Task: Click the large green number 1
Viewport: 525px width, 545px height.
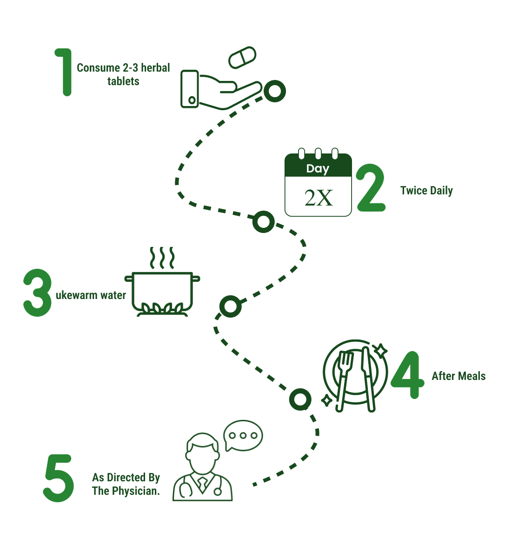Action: click(x=65, y=72)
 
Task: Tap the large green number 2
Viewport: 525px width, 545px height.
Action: click(x=371, y=188)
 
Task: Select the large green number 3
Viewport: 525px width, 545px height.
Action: click(x=37, y=293)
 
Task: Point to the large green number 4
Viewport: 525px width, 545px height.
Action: click(x=408, y=375)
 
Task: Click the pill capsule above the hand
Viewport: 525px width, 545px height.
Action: click(x=242, y=57)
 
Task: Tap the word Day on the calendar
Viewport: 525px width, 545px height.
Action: click(x=318, y=168)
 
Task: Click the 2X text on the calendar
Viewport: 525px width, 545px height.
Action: click(x=319, y=198)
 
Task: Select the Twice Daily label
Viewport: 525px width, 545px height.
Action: click(x=426, y=191)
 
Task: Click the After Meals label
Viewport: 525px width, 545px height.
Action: click(x=459, y=376)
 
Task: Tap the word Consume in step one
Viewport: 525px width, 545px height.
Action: click(x=98, y=68)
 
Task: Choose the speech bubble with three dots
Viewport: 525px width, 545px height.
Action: click(x=243, y=436)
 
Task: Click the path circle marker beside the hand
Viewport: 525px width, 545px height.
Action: click(x=274, y=91)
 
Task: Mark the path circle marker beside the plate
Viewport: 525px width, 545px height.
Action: click(x=300, y=399)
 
